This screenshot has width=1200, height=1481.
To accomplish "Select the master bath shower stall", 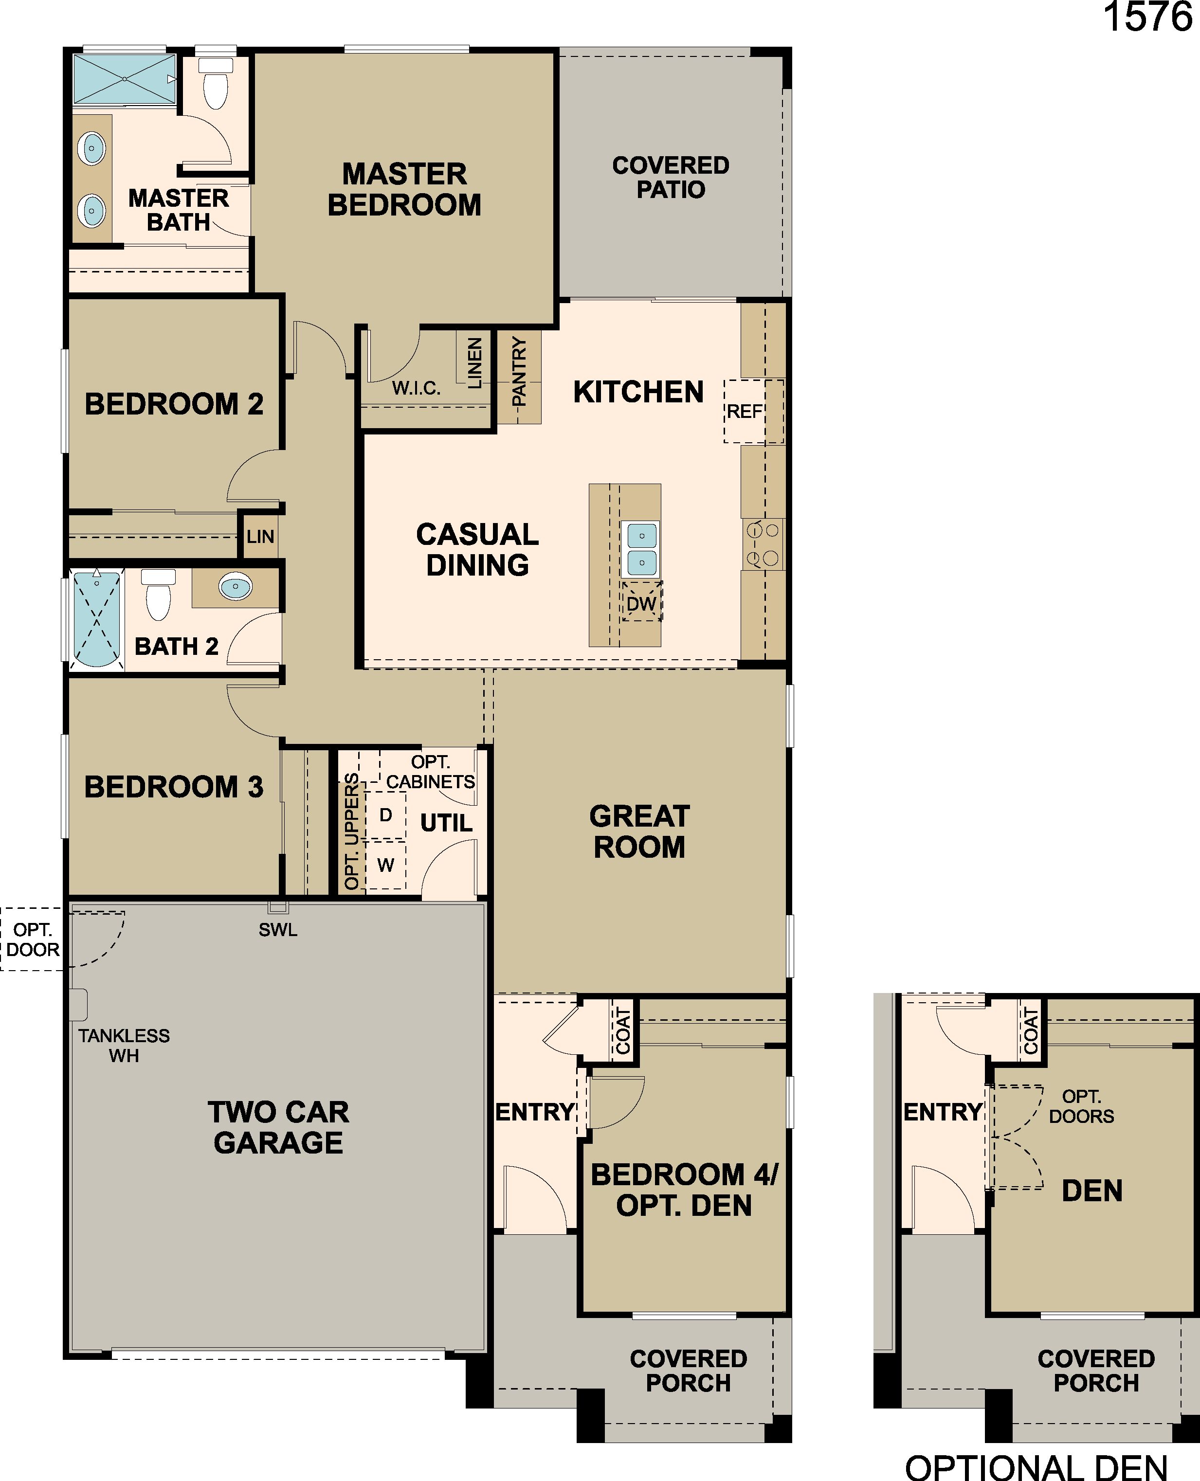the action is click(125, 79).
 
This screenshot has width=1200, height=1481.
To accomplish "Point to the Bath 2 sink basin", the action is click(236, 587).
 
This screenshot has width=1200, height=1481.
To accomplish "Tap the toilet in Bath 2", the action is click(159, 595).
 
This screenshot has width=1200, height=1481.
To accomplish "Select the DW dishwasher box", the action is click(641, 602).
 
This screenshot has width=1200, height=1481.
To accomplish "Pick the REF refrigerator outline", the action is click(753, 411).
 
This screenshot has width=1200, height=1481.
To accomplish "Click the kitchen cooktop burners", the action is click(763, 544).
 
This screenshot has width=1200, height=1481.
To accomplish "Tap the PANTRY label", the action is click(519, 371).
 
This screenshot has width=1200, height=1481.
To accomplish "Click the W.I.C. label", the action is click(416, 388).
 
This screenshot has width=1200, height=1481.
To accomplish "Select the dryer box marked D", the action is click(386, 815).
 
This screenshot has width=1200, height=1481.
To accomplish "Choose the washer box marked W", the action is click(386, 865).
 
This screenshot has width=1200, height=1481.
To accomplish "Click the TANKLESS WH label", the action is click(124, 1045).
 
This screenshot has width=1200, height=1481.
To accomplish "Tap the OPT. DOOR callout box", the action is click(33, 939).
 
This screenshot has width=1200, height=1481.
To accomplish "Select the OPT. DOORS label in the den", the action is click(1081, 1106).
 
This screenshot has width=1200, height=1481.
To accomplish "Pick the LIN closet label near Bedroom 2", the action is click(261, 536).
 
